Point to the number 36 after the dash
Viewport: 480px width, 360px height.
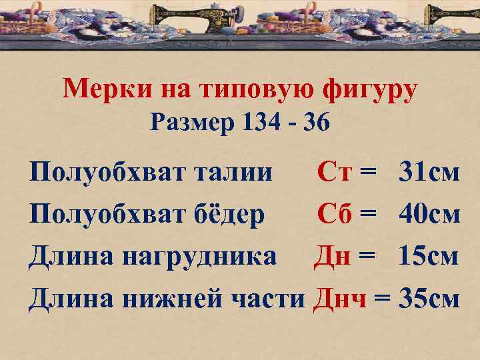[x=314, y=122]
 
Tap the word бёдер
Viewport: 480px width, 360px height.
[x=230, y=215]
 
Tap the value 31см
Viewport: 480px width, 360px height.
[x=429, y=173]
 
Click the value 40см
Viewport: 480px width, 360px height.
[x=429, y=215]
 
